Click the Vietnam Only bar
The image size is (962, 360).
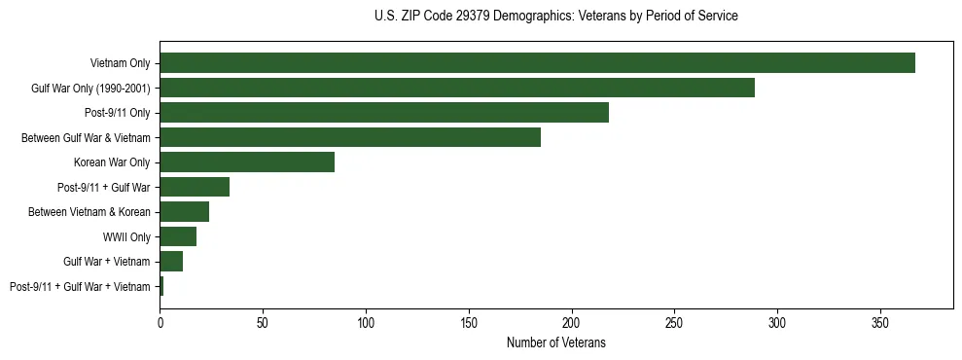(x=537, y=63)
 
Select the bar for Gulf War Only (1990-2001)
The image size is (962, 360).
(x=457, y=89)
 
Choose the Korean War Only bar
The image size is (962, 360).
(x=247, y=162)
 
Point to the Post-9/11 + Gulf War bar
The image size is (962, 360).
(x=195, y=187)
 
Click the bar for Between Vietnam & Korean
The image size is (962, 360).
(x=184, y=212)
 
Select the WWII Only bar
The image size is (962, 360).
(x=178, y=236)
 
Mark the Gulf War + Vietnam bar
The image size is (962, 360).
(x=171, y=262)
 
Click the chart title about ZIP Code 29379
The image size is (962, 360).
(x=555, y=17)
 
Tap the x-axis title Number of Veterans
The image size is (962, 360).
(x=555, y=342)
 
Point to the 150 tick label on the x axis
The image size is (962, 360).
(x=469, y=320)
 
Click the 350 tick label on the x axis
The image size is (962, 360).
(x=880, y=320)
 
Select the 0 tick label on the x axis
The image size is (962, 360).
(x=160, y=320)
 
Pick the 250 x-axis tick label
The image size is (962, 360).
(x=674, y=320)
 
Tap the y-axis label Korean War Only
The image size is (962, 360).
(x=112, y=162)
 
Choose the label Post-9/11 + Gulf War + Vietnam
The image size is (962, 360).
(x=80, y=286)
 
